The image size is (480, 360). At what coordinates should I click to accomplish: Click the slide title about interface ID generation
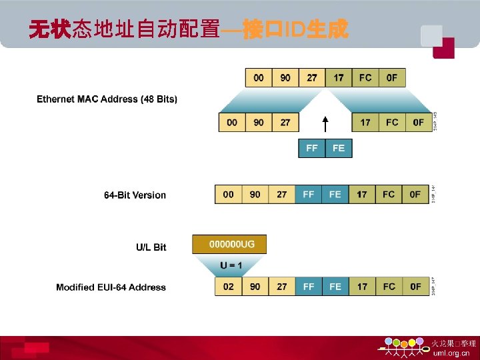(x=188, y=29)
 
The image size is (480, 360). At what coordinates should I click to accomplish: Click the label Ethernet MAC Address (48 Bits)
(x=107, y=99)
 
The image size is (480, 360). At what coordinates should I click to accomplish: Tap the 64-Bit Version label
(x=135, y=195)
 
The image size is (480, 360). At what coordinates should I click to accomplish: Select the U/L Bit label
(x=151, y=247)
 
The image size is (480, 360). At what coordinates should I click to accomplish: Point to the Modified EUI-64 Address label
(x=111, y=287)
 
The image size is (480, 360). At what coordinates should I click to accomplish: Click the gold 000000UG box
(x=229, y=245)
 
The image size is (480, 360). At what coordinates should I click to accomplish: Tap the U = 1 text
(x=231, y=265)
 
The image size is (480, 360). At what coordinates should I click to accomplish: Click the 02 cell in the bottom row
(x=228, y=287)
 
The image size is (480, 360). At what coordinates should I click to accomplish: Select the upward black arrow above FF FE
(x=325, y=125)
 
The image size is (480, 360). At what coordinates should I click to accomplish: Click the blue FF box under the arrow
(x=311, y=148)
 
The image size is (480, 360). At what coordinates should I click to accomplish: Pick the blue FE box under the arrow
(x=338, y=148)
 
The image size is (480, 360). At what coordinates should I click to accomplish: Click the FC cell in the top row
(x=365, y=77)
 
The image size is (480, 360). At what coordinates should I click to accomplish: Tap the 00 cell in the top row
(x=259, y=77)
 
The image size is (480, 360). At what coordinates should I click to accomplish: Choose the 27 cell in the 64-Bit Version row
(x=281, y=195)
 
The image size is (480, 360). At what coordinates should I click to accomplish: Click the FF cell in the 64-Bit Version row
(x=308, y=195)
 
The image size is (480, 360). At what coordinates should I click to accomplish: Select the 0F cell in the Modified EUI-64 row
(x=415, y=287)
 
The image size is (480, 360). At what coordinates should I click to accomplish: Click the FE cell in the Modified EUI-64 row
(x=335, y=287)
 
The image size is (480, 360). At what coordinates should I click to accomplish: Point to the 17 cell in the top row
(x=339, y=77)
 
